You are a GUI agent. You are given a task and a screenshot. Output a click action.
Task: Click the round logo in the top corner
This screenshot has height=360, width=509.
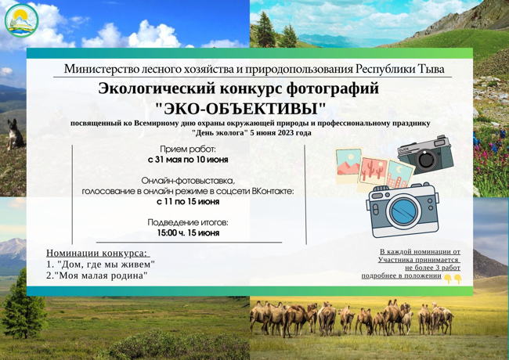[x=22, y=20]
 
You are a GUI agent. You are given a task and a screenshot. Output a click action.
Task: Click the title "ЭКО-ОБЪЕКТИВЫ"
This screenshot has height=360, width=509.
[x=240, y=109]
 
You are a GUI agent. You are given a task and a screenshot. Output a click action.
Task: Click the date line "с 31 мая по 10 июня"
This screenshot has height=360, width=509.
[x=188, y=160]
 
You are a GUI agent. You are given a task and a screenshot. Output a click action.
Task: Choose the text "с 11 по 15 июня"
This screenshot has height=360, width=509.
[x=188, y=201]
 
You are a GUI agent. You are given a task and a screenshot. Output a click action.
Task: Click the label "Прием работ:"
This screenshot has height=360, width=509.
[x=188, y=149]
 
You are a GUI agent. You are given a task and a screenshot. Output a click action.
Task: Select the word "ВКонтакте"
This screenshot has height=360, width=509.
[x=273, y=192]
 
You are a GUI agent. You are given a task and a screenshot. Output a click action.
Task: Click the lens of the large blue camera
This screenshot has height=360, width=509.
[x=403, y=211]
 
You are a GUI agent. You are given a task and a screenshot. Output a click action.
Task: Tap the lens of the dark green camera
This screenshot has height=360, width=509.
[x=426, y=159]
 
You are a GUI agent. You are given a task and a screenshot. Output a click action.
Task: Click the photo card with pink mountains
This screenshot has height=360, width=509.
[x=349, y=165]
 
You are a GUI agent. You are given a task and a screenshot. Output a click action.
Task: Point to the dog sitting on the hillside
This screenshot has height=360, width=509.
[x=15, y=134]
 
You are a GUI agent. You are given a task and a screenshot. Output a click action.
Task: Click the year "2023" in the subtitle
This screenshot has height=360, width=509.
[x=286, y=132]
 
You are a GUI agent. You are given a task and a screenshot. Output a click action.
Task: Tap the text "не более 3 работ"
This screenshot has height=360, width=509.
[x=432, y=268]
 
